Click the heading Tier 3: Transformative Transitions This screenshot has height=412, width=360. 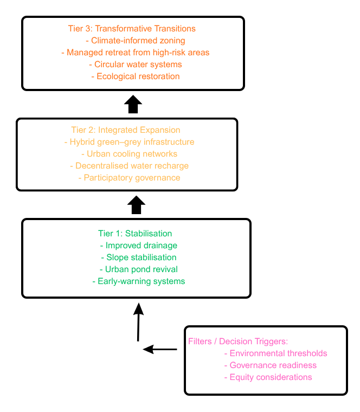[x=132, y=28]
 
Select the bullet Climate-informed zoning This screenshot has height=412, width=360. [x=136, y=41]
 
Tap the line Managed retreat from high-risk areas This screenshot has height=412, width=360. [x=136, y=52]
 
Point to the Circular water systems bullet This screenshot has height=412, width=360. [x=136, y=65]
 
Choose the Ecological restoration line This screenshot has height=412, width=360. [x=136, y=76]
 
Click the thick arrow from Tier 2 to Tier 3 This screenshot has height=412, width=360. [x=133, y=104]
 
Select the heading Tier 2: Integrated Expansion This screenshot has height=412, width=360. [x=126, y=130]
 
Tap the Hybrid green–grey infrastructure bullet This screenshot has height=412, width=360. [x=129, y=142]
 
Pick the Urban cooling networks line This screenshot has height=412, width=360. [x=129, y=154]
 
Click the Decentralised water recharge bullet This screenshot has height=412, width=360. [x=129, y=166]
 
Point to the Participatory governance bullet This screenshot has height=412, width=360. [x=129, y=178]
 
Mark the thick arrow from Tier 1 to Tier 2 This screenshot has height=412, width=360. [x=136, y=205]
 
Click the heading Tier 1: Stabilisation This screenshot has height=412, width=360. [x=135, y=233]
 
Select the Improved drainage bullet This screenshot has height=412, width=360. [x=139, y=246]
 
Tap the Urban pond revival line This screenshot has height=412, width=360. [x=139, y=269]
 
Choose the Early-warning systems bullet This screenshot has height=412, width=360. [x=139, y=281]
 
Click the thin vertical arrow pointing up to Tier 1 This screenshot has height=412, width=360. [x=138, y=322]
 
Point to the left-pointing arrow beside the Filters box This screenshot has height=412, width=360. [x=160, y=350]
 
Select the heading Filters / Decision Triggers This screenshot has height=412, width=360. [x=238, y=342]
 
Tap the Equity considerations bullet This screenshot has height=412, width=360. [x=268, y=377]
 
